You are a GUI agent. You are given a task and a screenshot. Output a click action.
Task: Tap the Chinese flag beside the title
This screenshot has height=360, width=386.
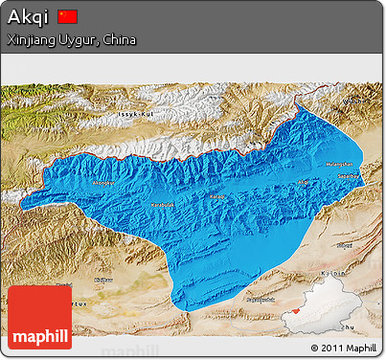pyautogui.click(x=67, y=16)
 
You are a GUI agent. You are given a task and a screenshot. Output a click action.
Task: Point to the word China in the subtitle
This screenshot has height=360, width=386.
pyautogui.click(x=119, y=41)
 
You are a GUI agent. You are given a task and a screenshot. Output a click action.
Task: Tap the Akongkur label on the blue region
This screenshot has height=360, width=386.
pyautogui.click(x=102, y=182)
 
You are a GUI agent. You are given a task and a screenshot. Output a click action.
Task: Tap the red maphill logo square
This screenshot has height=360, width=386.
pyautogui.click(x=38, y=317)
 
